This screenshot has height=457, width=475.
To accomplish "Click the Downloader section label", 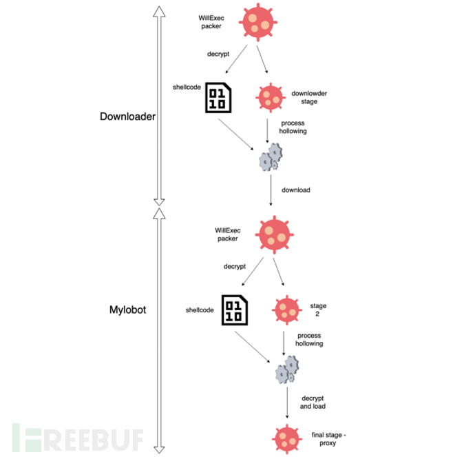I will coord(128,116).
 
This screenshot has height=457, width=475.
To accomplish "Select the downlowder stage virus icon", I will coord(270,99).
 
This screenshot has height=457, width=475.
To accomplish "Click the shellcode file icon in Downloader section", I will coord(218,98).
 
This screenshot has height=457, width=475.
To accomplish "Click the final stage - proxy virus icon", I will coord(286,438).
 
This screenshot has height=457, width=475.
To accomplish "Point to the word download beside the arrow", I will coord(295,190).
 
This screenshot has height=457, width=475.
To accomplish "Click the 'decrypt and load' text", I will coord(315,402).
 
